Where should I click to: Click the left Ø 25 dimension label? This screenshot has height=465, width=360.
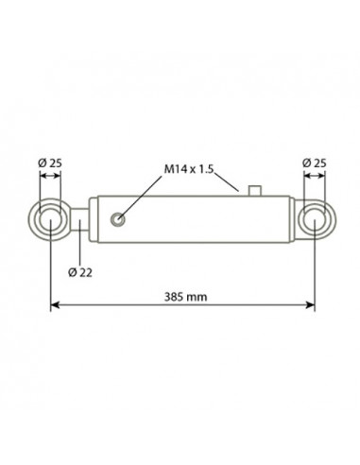click(50, 164)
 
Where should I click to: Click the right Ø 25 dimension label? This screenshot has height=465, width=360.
click(315, 164)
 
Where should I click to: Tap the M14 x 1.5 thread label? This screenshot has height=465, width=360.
click(189, 169)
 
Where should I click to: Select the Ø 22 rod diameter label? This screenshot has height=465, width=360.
click(80, 272)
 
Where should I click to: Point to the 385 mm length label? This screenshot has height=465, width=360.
click(186, 297)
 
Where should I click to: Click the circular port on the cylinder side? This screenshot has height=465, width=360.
click(117, 219)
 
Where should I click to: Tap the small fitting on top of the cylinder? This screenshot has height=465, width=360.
click(255, 191)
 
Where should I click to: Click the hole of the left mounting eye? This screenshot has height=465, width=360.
click(50, 219)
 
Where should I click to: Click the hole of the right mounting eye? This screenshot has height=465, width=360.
click(315, 219)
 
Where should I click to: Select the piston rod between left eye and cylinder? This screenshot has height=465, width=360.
click(79, 219)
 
